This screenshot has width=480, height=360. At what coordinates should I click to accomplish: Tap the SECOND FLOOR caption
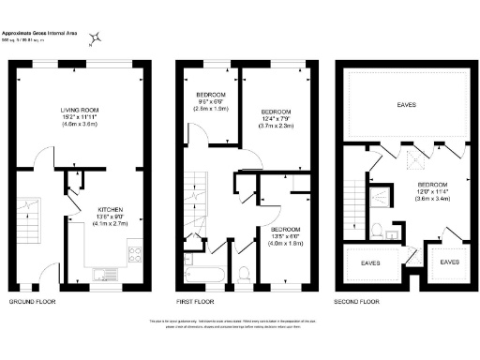pyautogui.click(x=357, y=303)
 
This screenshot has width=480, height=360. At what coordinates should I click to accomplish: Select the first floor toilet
pyautogui.click(x=244, y=273)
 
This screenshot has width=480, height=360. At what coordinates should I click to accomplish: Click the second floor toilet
pyautogui.click(x=375, y=230)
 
